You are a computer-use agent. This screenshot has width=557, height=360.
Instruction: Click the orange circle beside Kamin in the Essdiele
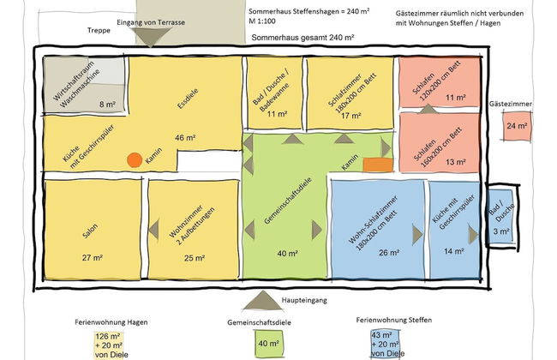(134, 159)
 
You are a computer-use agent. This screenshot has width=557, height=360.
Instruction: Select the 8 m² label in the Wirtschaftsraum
(107, 105)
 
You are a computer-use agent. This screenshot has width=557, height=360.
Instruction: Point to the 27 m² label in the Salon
(93, 257)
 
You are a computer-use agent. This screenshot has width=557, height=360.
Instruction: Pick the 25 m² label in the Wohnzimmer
(194, 257)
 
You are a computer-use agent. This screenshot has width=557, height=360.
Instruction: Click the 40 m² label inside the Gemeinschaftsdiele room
(287, 254)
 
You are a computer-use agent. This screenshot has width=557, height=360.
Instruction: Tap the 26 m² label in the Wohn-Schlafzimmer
(388, 252)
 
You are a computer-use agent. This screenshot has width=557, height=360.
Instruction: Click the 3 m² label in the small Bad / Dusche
(501, 231)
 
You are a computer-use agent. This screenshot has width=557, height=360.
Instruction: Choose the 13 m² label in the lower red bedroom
(455, 161)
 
